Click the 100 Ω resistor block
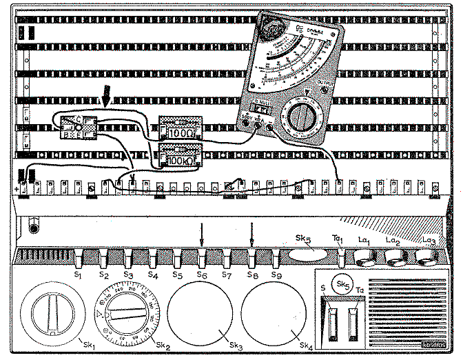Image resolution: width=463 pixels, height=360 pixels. tap(180, 128)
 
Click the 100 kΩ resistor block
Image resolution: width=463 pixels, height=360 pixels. tap(180, 157)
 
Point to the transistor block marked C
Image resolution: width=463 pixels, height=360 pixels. tap(76, 127)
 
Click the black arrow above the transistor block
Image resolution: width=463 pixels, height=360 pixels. tap(106, 95)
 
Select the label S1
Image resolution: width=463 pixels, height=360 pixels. tap(79, 276)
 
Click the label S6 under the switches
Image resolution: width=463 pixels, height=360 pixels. tap(202, 276)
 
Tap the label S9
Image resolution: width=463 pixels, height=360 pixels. tap(277, 276)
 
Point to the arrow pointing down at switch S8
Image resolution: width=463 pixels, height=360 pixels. tap(252, 234)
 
